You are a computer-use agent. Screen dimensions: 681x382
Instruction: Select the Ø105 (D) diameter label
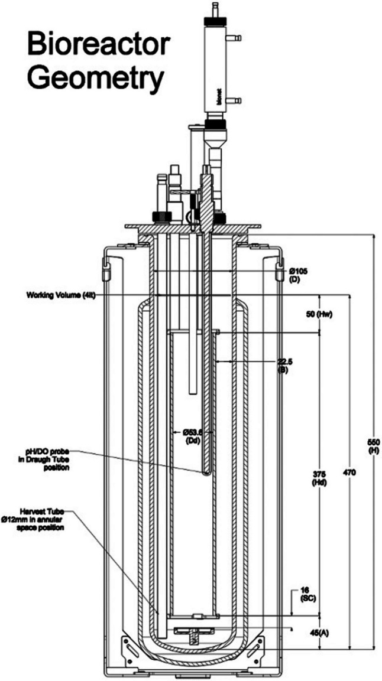coord(299,274)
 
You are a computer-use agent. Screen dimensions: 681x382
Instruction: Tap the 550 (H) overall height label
coord(373,448)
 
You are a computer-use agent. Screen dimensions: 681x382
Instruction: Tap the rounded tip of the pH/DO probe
coord(205,471)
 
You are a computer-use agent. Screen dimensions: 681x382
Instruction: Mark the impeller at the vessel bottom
coord(192,633)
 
